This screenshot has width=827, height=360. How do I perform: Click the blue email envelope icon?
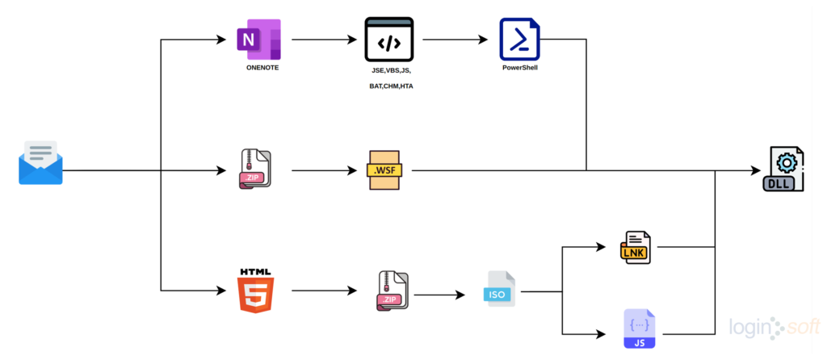tap(40, 163)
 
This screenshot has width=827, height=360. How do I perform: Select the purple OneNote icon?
tap(259, 40)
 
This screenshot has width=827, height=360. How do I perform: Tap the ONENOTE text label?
tap(262, 68)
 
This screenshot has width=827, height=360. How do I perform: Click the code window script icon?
tap(389, 39)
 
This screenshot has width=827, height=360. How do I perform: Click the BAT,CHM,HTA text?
tap(392, 86)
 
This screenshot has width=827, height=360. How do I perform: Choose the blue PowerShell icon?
tap(520, 39)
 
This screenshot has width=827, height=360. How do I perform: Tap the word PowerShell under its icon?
tap(520, 68)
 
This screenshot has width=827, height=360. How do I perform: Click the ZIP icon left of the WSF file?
tap(256, 170)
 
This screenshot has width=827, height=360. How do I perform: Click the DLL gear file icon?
tap(783, 170)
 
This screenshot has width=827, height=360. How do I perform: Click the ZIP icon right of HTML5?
tap(393, 291)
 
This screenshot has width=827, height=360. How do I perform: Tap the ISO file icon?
tap(499, 289)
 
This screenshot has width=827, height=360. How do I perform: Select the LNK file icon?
tap(636, 247)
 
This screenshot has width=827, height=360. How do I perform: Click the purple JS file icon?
tap(640, 329)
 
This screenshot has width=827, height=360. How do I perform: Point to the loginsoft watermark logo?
tap(775, 328)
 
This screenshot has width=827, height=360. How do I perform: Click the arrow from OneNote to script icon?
tap(324, 40)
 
